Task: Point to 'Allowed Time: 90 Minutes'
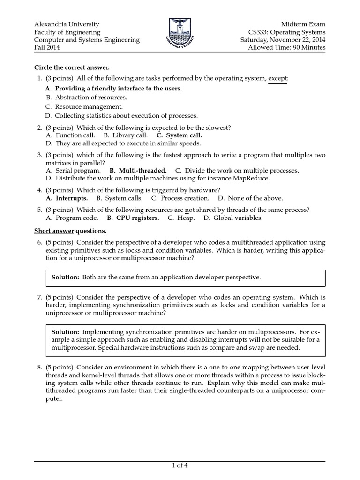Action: (x=286, y=48)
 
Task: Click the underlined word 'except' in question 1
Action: (x=277, y=78)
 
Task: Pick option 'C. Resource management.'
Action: (x=84, y=106)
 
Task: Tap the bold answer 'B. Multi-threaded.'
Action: (x=138, y=171)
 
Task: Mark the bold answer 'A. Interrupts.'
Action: (x=67, y=198)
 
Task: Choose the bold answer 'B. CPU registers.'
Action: (x=133, y=218)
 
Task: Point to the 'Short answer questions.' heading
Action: (x=70, y=231)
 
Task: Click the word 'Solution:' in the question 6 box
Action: (x=65, y=277)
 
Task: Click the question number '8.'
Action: (x=39, y=367)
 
